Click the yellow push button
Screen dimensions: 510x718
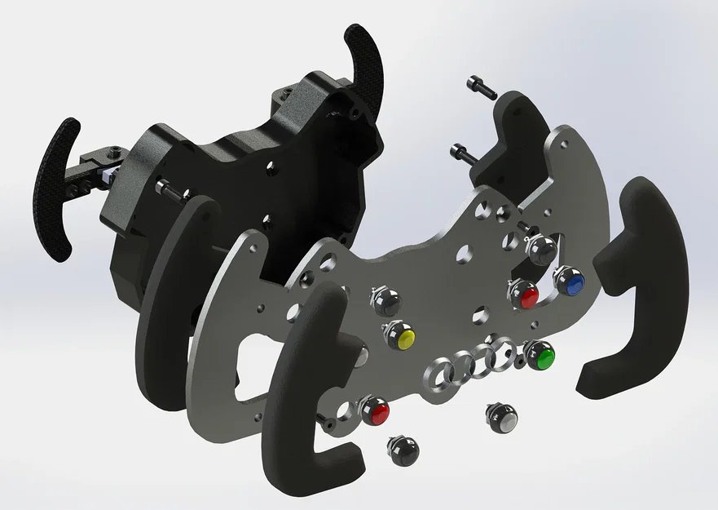coord(399,336)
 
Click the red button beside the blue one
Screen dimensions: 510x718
coord(523,294)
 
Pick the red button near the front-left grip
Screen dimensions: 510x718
coord(375,410)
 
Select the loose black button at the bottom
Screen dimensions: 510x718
coord(403,450)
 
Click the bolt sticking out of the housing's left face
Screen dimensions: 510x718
coord(168,188)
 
